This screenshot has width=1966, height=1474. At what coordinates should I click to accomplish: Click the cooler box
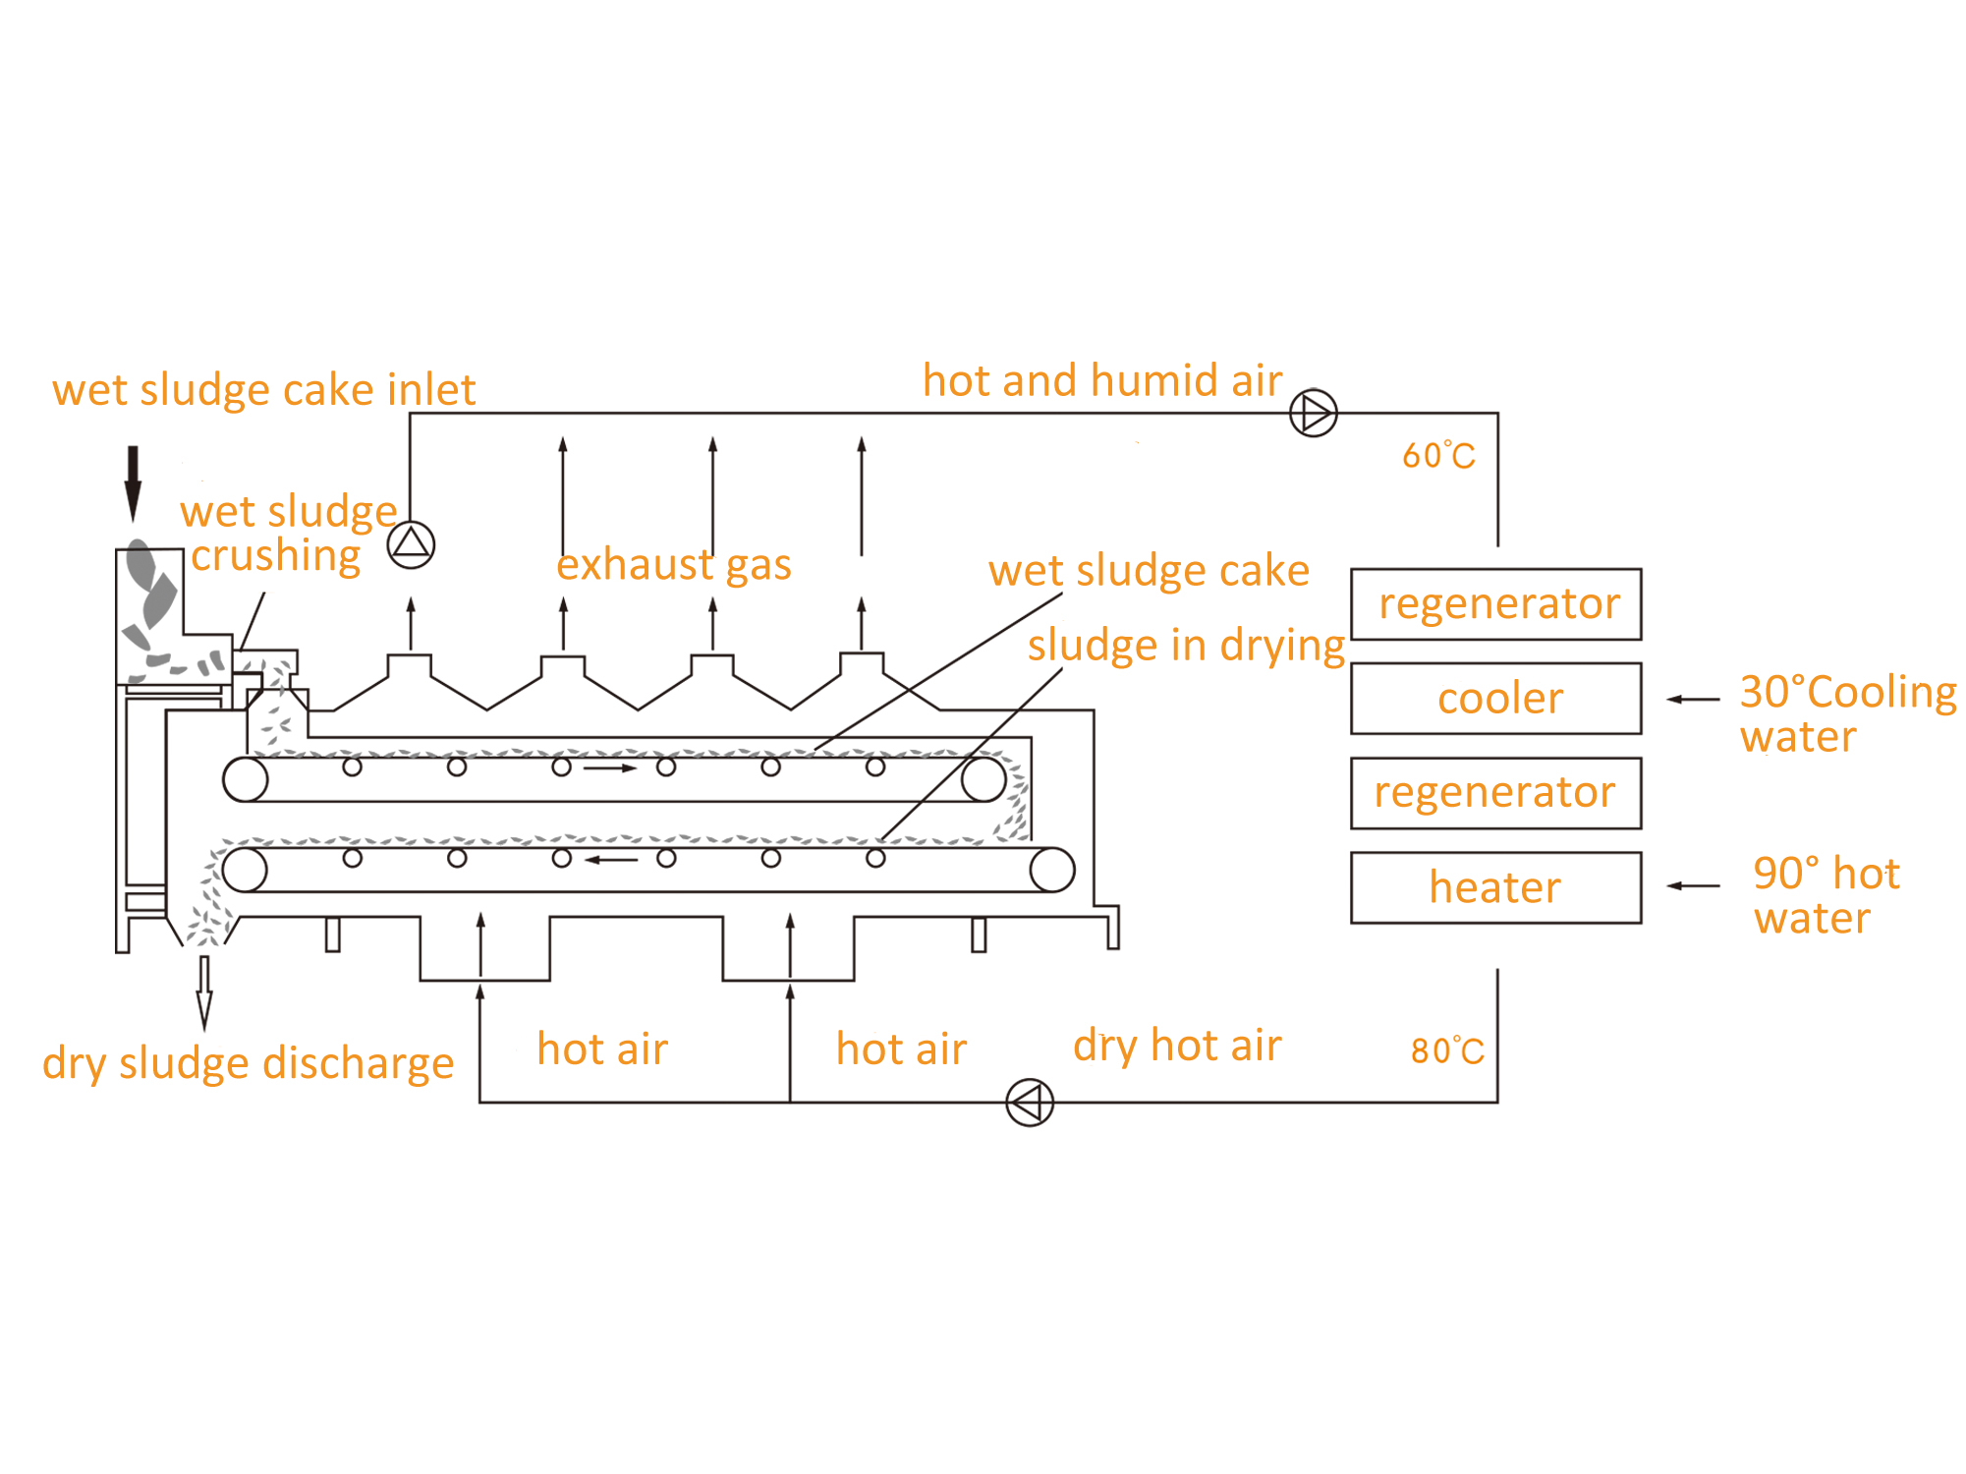pos(1495,699)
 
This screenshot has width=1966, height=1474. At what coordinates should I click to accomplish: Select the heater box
pos(1495,887)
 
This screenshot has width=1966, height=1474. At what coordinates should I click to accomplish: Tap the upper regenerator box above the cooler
pos(1495,604)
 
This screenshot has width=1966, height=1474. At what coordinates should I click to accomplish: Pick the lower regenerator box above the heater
pos(1495,793)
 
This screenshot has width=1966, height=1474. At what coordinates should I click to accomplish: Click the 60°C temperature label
pos(1438,456)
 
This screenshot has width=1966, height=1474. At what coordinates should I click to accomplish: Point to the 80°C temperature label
pos(1447,1050)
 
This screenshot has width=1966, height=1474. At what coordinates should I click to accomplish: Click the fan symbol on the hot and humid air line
pos(1313,413)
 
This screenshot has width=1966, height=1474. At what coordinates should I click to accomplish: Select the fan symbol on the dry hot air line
pos(1030,1103)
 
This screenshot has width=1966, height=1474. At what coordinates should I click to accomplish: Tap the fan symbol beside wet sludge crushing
pos(411,544)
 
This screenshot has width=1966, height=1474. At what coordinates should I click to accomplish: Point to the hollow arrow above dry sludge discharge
pos(204,992)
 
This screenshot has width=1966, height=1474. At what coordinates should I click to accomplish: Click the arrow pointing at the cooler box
pos(1693,699)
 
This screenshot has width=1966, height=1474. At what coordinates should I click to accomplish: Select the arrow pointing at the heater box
pos(1693,886)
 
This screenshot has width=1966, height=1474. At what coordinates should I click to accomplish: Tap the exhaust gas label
pos(674,565)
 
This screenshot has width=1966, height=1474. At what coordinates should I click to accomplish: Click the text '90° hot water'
pos(1826,895)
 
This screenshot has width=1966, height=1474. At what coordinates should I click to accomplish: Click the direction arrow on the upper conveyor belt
pos(610,767)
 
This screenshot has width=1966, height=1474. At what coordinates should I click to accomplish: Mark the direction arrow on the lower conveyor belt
pos(611,860)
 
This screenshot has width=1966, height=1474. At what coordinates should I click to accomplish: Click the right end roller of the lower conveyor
pos(1051,870)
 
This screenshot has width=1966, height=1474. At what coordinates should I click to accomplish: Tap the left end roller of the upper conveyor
pos(246,780)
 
